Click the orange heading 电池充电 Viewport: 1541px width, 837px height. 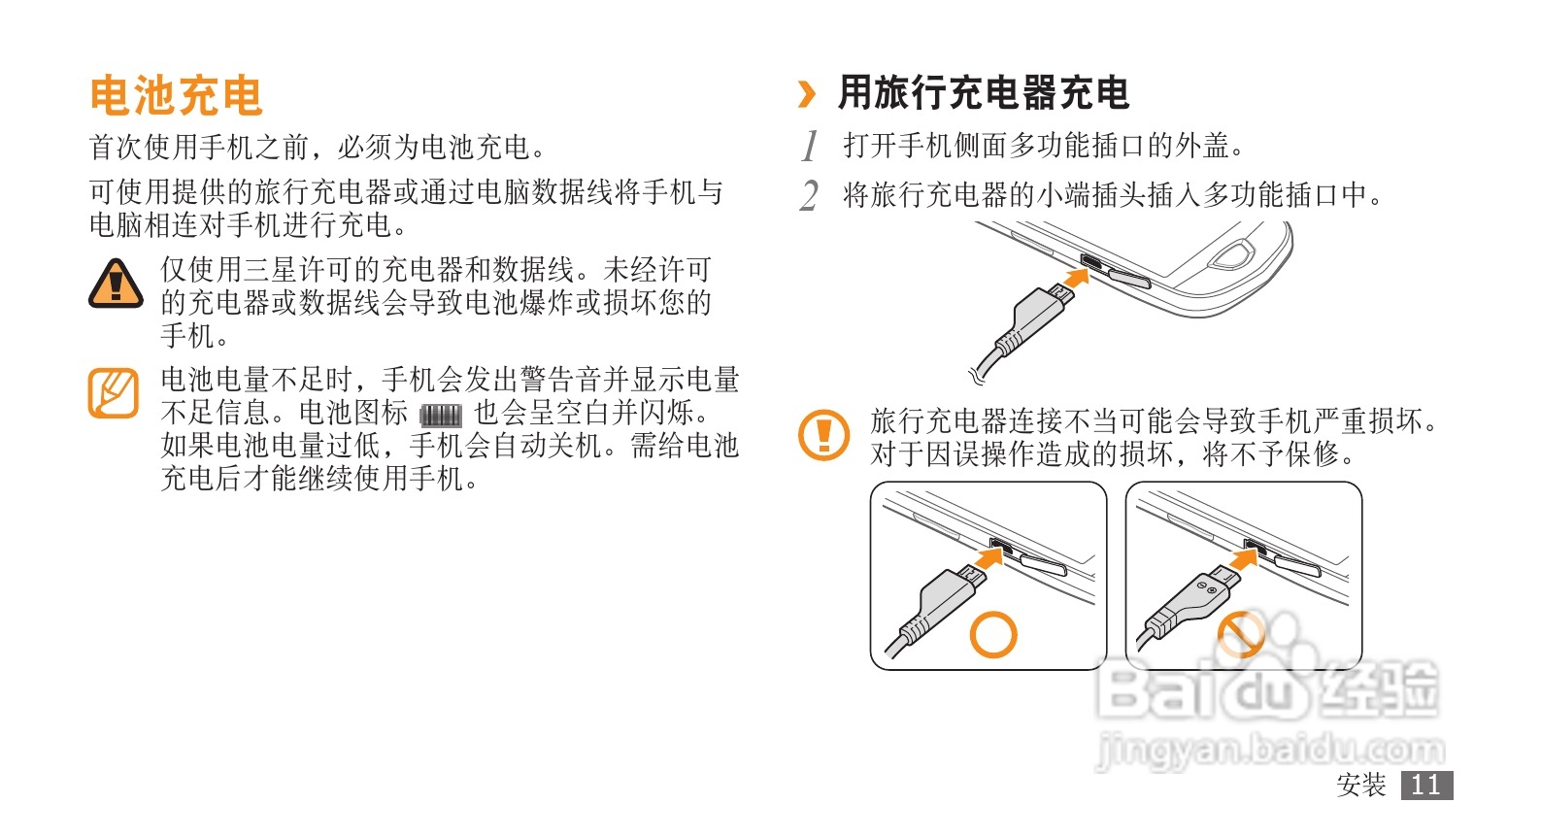click(x=176, y=95)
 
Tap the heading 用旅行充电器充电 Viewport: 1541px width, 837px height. click(x=984, y=93)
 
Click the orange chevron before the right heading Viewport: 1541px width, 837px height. click(x=807, y=94)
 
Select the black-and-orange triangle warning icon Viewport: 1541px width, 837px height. click(x=116, y=284)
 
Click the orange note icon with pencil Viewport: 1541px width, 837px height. click(x=114, y=392)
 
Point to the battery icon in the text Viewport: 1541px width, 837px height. click(x=441, y=415)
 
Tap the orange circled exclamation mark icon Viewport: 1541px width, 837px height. click(x=823, y=435)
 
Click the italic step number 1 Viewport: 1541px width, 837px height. click(x=810, y=146)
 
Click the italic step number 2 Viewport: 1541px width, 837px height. click(x=810, y=196)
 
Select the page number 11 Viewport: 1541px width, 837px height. click(x=1426, y=785)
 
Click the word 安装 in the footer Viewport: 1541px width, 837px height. click(x=1361, y=785)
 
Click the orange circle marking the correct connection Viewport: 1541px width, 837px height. click(x=992, y=634)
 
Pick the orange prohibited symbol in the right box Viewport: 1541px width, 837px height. click(x=1241, y=634)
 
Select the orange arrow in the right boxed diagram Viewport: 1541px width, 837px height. click(x=1243, y=556)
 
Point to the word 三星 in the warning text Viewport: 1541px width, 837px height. click(x=270, y=270)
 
